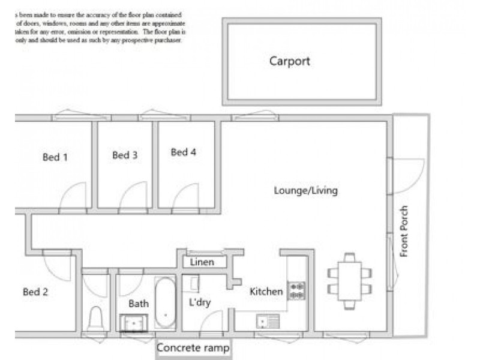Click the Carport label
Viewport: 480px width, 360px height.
(x=289, y=61)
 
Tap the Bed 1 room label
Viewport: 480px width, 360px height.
(x=55, y=157)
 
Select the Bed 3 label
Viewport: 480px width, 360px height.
(x=125, y=155)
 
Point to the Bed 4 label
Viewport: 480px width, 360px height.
(x=183, y=152)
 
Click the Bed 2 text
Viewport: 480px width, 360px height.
(x=35, y=292)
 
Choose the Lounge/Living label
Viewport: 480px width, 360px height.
(x=305, y=191)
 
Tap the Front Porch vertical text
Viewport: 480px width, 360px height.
(x=404, y=232)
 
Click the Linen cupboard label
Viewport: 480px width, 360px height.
(x=202, y=262)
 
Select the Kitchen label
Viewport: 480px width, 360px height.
(x=266, y=292)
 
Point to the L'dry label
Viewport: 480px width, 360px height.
(x=199, y=302)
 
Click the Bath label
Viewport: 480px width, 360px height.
(x=138, y=304)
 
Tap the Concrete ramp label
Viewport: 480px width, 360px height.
(x=193, y=348)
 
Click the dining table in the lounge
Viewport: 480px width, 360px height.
(x=350, y=280)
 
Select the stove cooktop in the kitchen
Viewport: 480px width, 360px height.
(x=296, y=290)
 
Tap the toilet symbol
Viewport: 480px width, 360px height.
(x=96, y=318)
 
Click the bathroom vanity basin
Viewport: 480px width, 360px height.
(x=133, y=323)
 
